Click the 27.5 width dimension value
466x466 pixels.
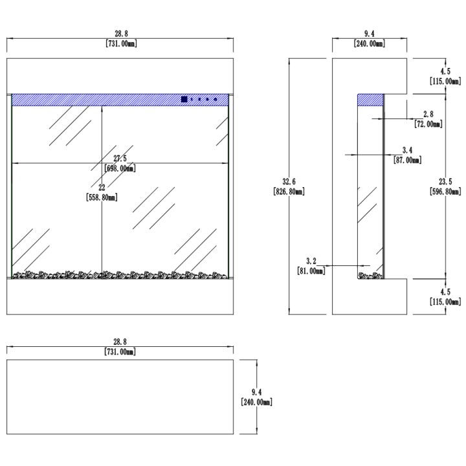click(120, 159)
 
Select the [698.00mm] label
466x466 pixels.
click(120, 168)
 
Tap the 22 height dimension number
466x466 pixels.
click(102, 188)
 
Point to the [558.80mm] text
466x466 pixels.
click(102, 197)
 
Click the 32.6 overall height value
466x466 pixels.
click(289, 182)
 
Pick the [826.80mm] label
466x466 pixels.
click(289, 192)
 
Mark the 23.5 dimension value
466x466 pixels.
click(445, 182)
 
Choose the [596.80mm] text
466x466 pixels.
click(445, 192)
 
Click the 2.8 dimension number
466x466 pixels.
click(428, 114)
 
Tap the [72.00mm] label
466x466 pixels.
click(428, 124)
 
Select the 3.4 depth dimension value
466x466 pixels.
click(408, 150)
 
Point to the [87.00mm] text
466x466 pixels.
click(408, 161)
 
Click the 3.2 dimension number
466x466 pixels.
click(311, 261)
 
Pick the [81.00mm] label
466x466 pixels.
click(311, 271)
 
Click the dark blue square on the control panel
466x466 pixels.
click(184, 99)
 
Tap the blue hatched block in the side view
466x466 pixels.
click(370, 100)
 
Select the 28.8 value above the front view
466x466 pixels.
click(121, 34)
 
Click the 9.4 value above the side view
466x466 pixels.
click(369, 34)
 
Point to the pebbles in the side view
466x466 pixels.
click(370, 276)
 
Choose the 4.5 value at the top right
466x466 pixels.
click(445, 71)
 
